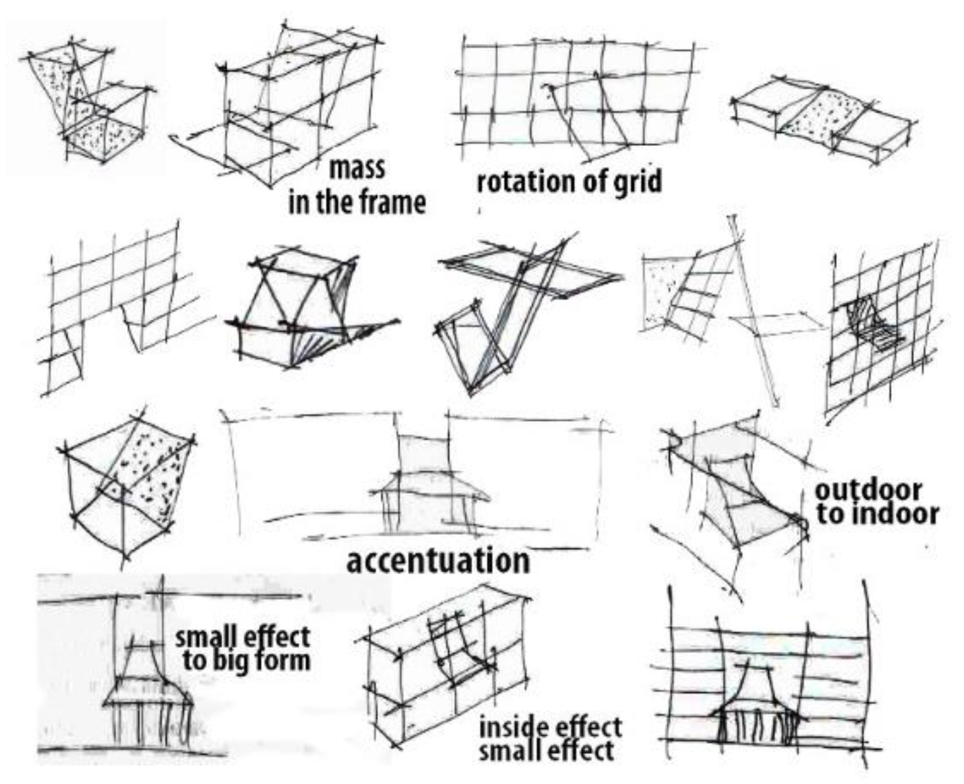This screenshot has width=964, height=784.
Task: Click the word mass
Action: pyautogui.click(x=357, y=169)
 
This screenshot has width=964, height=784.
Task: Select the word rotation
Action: pyautogui.click(x=522, y=182)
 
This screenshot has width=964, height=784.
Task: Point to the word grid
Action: pyautogui.click(x=636, y=182)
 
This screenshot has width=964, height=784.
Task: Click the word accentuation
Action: pyautogui.click(x=438, y=561)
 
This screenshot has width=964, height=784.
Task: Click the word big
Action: pyautogui.click(x=241, y=661)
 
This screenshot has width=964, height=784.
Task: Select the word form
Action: pyautogui.click(x=284, y=661)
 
